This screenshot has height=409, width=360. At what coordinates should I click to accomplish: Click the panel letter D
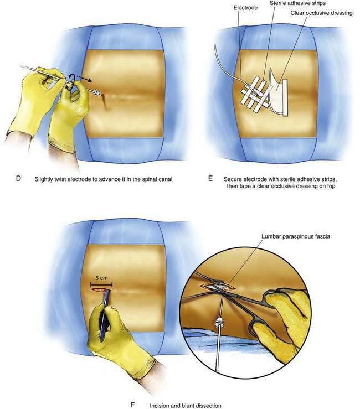(x=18, y=178)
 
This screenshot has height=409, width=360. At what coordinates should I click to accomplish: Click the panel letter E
(x=210, y=178)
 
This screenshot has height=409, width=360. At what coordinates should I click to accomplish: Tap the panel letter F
(x=132, y=405)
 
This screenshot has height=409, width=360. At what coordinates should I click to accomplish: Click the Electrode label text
(x=245, y=8)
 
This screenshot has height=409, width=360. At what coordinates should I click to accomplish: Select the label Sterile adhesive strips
(x=297, y=3)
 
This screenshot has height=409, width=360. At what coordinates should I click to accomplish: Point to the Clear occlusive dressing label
(x=321, y=13)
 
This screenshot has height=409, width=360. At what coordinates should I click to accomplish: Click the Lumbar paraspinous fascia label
(x=296, y=236)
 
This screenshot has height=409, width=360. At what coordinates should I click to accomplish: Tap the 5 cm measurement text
(x=101, y=278)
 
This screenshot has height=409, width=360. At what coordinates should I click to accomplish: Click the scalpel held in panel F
(x=105, y=315)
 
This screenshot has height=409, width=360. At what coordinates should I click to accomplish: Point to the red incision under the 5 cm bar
(x=101, y=290)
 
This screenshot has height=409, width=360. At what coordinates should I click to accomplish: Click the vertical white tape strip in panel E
(x=284, y=97)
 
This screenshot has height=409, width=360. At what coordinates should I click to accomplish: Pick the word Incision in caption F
(x=160, y=406)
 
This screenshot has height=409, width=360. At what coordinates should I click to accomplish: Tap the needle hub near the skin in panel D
(x=97, y=92)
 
